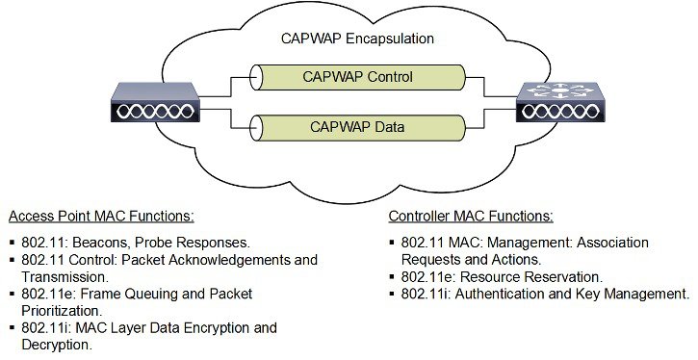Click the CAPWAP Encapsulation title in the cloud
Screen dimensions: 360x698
pyautogui.click(x=357, y=39)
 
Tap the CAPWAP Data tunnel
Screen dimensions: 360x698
pyautogui.click(x=357, y=126)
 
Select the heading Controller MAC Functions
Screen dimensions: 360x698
pyautogui.click(x=470, y=215)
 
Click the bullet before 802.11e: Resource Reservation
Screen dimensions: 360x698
pyautogui.click(x=394, y=277)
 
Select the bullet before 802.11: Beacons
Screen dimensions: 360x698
pyautogui.click(x=11, y=243)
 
